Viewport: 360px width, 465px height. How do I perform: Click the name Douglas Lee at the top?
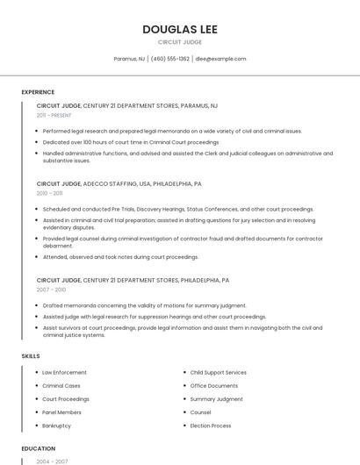click(180, 29)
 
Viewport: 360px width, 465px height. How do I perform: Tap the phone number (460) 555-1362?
click(170, 59)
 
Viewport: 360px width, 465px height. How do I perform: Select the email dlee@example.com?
click(220, 59)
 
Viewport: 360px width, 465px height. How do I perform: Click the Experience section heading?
click(38, 92)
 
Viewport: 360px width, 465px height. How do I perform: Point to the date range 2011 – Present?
click(54, 115)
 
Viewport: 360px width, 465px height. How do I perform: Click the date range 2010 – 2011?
click(50, 193)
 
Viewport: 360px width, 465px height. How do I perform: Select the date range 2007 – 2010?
click(51, 290)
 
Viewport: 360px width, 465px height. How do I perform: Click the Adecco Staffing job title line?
click(119, 184)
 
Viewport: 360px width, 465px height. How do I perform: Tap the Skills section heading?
click(31, 356)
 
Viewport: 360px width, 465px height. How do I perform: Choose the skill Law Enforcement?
click(64, 373)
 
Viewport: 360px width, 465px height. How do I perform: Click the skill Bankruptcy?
click(56, 426)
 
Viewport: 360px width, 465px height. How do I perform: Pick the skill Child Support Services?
click(218, 373)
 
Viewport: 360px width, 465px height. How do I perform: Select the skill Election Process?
click(211, 426)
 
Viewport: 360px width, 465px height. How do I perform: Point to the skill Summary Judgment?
click(216, 399)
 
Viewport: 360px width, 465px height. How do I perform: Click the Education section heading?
click(38, 448)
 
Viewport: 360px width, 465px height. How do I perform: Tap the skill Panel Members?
click(61, 412)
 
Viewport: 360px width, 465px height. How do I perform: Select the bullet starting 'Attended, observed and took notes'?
click(120, 257)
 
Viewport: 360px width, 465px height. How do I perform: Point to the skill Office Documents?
click(213, 386)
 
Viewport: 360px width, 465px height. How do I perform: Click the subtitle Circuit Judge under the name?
click(180, 42)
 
